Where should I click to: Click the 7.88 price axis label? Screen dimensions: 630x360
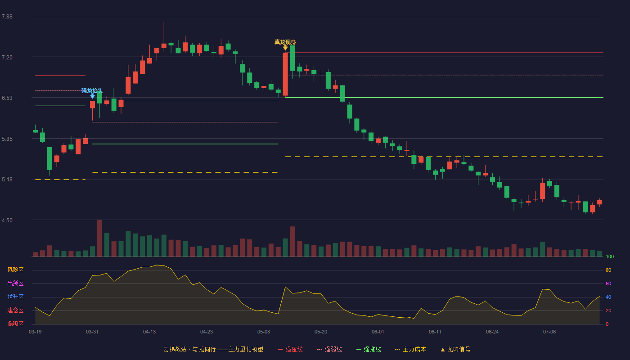pos(7,17)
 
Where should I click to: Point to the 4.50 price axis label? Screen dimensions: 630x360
pos(7,220)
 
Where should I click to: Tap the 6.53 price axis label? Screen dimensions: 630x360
pos(7,98)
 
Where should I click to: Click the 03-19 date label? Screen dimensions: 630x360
pos(35,332)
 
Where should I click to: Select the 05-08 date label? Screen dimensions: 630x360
pos(264,332)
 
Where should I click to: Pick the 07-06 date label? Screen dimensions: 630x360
pos(549,332)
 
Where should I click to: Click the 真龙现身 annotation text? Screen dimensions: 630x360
pos(285,42)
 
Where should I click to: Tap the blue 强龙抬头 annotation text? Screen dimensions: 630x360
pos(92,91)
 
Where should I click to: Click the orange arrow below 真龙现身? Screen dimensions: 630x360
pos(285,48)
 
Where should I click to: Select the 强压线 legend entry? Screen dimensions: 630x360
pos(290,349)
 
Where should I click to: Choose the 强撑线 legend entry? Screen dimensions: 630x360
pos(369,349)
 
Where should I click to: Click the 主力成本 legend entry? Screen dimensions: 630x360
pos(410,349)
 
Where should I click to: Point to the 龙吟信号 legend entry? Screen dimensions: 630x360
pos(455,349)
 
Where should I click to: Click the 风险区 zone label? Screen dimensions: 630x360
pos(15,270)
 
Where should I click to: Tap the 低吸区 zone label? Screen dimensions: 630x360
pos(15,324)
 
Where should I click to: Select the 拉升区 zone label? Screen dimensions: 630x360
pos(15,297)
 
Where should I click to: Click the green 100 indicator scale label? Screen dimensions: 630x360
pos(610,257)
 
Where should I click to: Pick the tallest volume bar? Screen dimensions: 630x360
pos(99,238)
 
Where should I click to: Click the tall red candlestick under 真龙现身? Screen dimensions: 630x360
pos(285,74)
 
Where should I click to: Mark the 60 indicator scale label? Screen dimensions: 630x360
pos(608,284)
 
